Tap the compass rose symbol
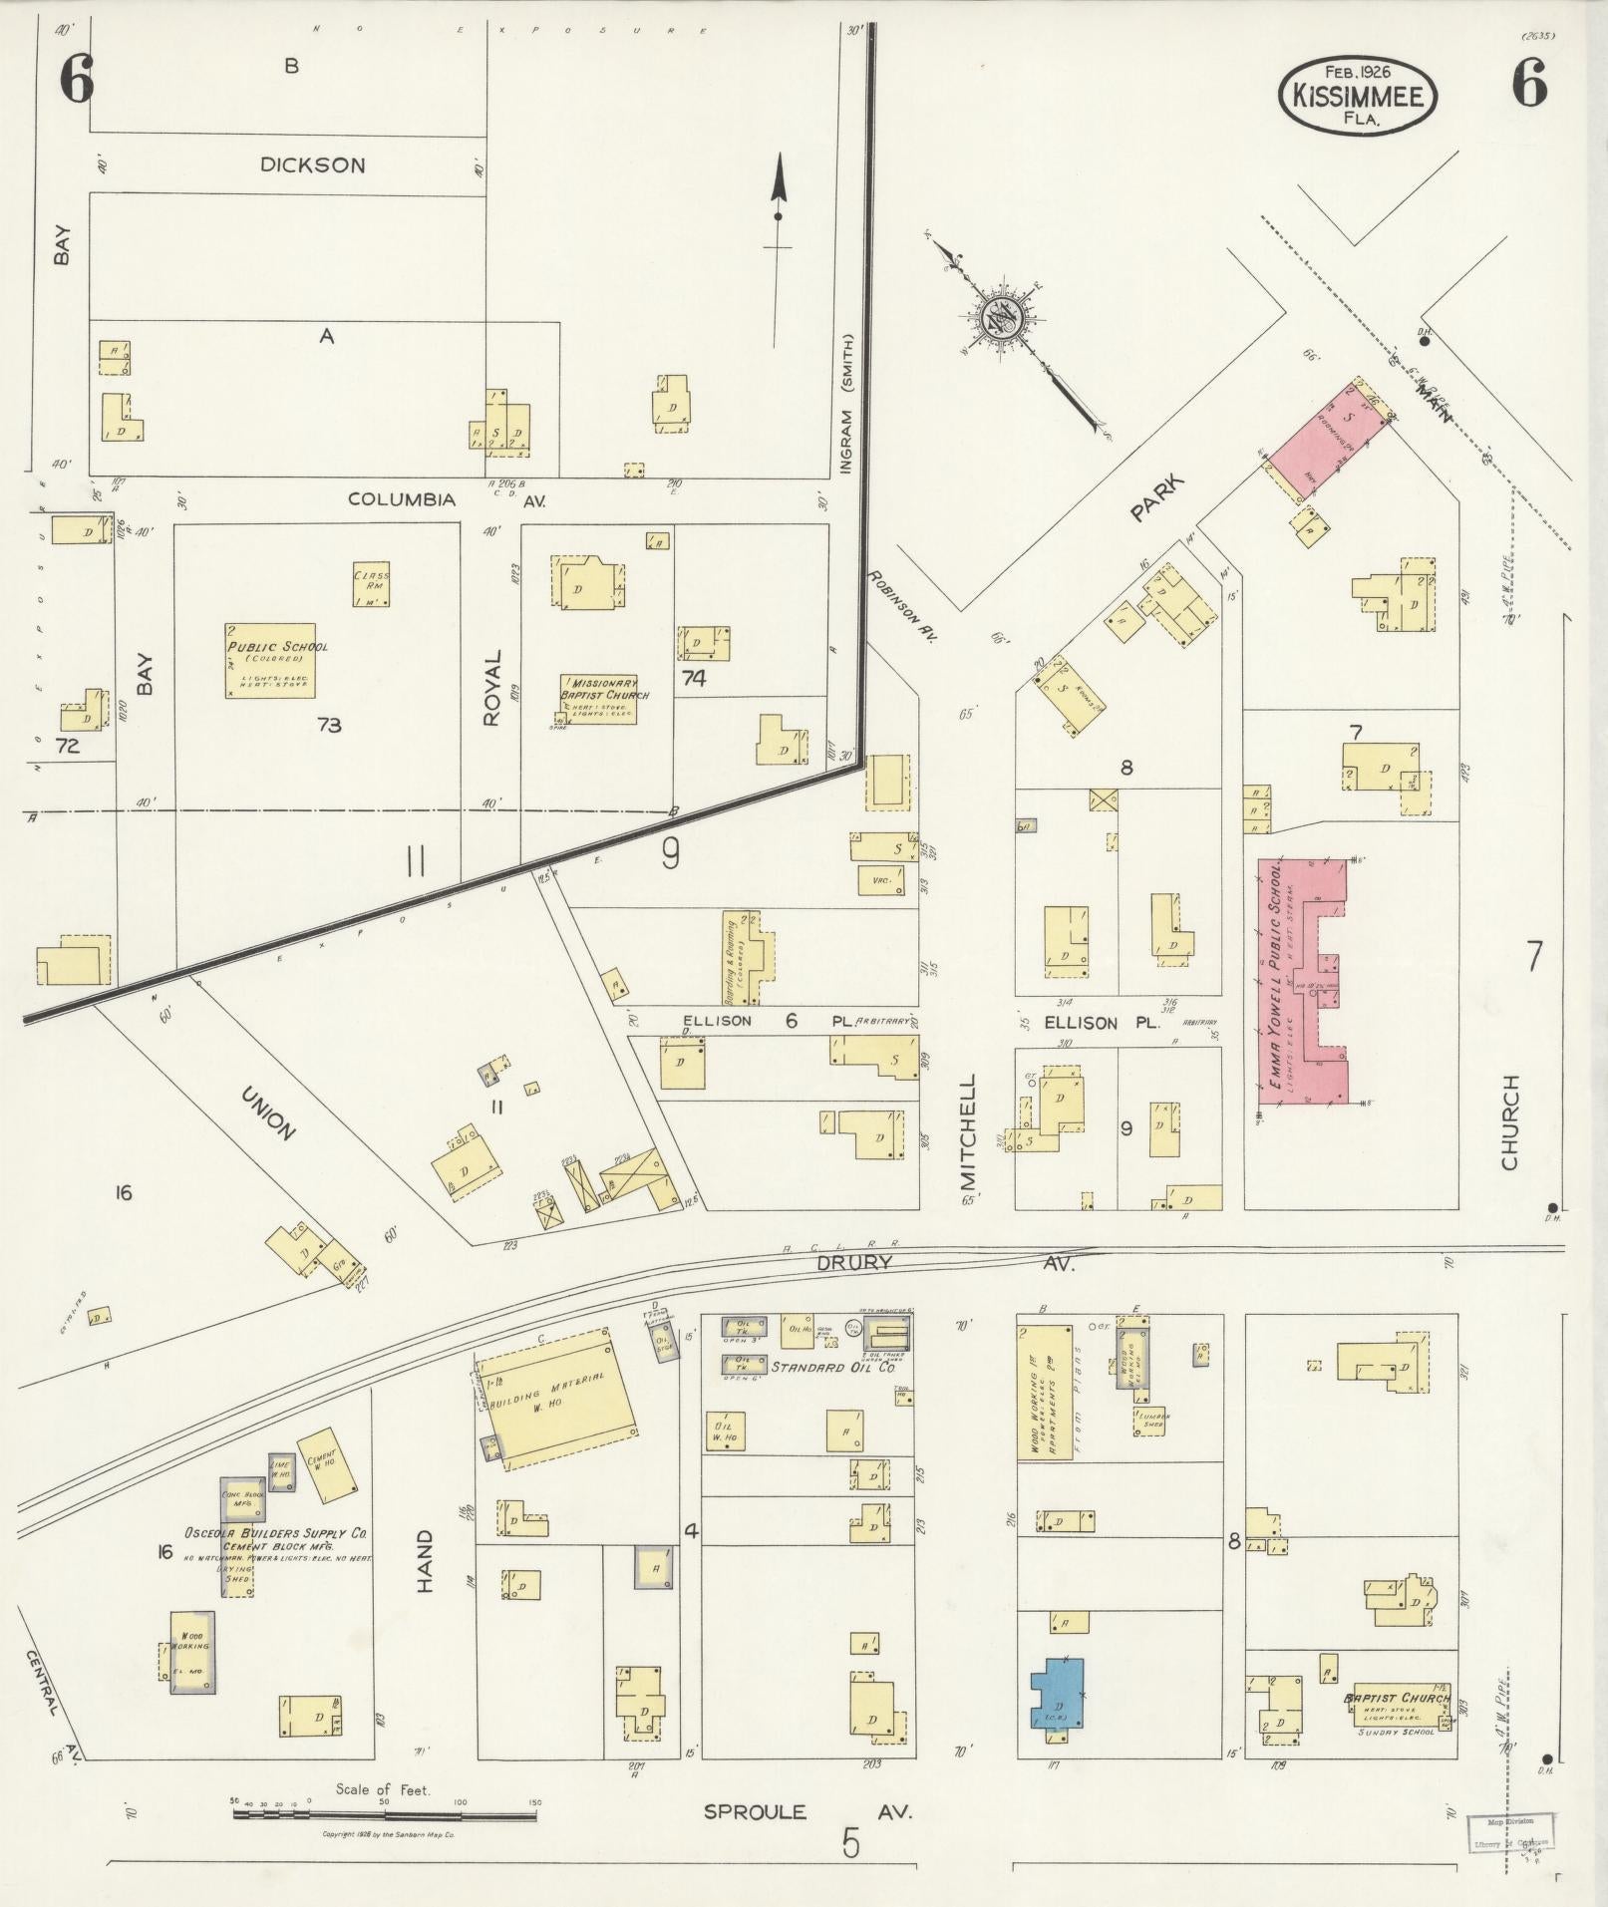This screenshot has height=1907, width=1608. tap(998, 318)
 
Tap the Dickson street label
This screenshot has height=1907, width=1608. tap(312, 165)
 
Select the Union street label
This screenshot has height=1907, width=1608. tap(268, 1113)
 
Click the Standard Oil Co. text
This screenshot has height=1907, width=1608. tap(818, 1367)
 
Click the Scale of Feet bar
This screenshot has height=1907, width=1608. tap(385, 1814)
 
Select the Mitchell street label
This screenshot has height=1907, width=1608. tap(969, 1132)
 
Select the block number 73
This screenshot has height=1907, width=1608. tap(329, 725)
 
